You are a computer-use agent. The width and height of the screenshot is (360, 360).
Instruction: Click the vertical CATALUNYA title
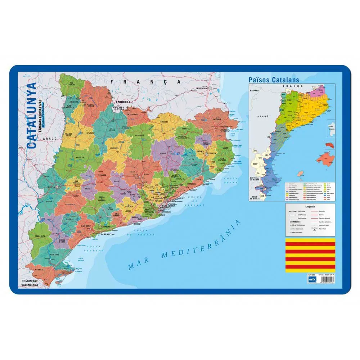tap(32, 116)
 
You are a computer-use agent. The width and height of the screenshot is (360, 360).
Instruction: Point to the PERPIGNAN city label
tap(201, 88)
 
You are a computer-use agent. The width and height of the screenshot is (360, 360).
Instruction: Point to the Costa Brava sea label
tap(230, 181)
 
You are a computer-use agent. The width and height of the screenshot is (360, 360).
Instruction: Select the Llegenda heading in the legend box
tap(310, 207)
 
